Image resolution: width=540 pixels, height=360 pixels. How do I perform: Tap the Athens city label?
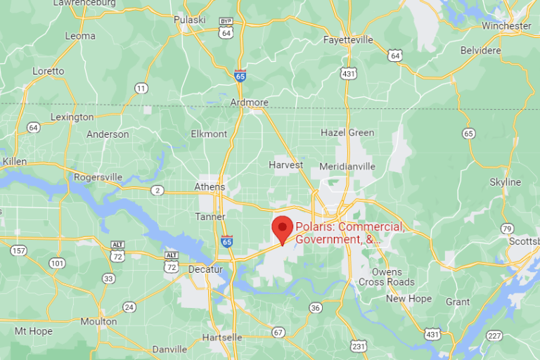pos(210,186)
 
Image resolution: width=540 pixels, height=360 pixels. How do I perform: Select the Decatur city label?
pos(205,269)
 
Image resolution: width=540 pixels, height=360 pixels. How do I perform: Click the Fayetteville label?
pos(348,40)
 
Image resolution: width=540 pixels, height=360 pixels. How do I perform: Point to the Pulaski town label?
pos(189,20)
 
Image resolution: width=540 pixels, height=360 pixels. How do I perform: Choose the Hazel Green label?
pos(347,132)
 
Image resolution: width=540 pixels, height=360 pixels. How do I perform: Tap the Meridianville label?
pos(347,167)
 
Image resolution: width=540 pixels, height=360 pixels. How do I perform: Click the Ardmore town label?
pos(250,103)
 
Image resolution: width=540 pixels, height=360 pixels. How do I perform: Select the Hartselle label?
pos(221,337)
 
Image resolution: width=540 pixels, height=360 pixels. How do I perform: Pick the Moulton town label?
pos(98,321)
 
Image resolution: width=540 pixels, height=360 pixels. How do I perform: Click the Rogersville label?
pos(98,177)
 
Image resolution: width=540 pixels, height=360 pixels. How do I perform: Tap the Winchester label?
pos(506,26)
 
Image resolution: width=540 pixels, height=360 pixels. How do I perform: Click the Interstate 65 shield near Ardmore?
pos(240,75)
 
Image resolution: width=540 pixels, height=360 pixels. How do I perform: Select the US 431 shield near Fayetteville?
pos(347,73)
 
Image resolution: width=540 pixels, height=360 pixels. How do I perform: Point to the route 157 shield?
pos(18,250)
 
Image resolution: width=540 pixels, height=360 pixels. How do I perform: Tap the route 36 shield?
pos(316,307)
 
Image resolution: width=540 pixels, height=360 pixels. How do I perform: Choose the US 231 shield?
pos(359,346)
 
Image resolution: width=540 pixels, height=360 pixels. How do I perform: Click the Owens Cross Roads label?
pos(387,277)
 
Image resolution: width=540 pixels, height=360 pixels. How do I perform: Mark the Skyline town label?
pos(505,182)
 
